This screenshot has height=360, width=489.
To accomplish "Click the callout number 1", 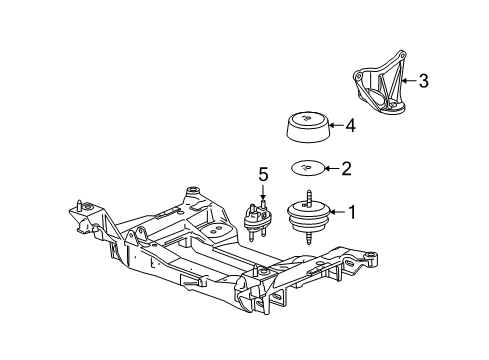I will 351,211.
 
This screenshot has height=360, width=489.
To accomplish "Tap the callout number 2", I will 346,168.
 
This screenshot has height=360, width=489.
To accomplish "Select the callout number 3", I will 424,82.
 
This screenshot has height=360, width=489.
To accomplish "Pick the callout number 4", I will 351,126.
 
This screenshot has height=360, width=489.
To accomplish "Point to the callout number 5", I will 263,174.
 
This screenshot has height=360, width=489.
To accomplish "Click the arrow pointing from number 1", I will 334,211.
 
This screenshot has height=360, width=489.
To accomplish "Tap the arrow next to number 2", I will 329,168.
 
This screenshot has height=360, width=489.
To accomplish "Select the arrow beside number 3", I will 406,82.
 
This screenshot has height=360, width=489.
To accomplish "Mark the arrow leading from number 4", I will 334,126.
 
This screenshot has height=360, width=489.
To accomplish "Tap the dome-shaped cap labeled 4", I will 304,128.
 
